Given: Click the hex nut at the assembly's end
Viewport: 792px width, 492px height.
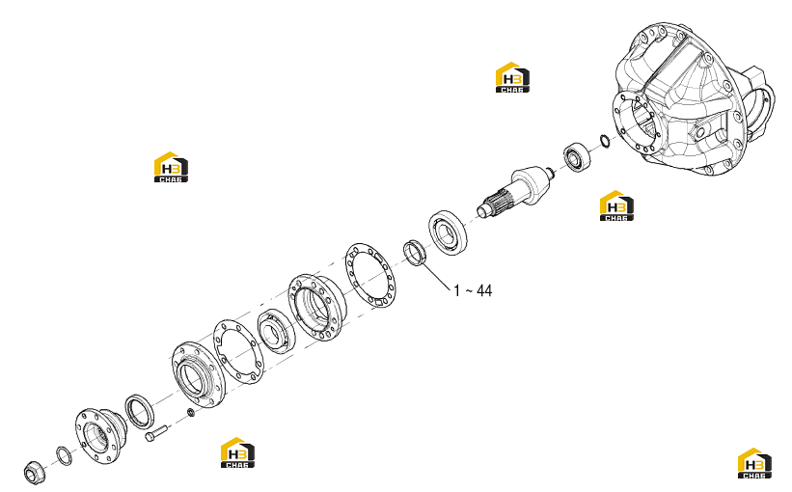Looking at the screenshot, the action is point(35,473).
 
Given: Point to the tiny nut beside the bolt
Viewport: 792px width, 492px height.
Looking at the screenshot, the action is point(191,413).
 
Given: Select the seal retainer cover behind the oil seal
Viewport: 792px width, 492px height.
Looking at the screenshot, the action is point(196,374).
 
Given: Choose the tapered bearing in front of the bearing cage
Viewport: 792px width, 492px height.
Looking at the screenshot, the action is point(276,331).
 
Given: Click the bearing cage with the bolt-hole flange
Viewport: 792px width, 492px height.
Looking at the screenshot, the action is point(317,307).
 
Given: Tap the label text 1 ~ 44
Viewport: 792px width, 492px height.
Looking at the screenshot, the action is point(473,291).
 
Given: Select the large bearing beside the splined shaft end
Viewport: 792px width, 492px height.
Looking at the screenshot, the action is point(448,232).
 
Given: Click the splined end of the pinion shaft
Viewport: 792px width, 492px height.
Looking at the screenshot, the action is point(496,201).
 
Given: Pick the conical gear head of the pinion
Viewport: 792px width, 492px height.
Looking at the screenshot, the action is point(531,184).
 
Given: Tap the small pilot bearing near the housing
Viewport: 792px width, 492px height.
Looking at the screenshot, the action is point(577,156).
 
